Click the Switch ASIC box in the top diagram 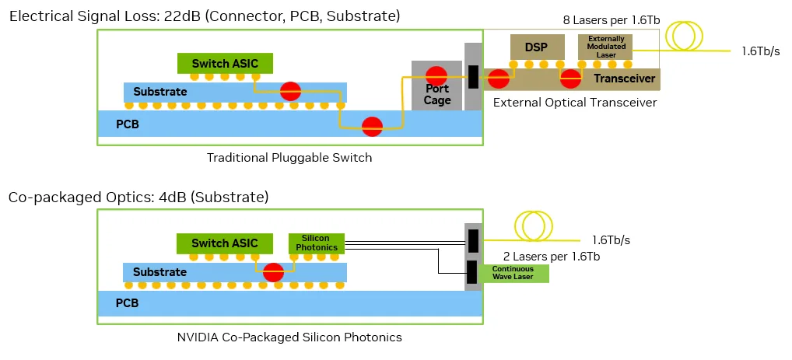[225, 63]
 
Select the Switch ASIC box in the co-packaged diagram [225, 243]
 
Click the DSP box [536, 47]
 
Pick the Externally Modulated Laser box [606, 47]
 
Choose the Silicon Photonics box [317, 243]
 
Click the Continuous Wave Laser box [512, 273]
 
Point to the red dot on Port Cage [436, 75]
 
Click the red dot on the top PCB [373, 126]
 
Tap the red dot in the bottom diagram [273, 273]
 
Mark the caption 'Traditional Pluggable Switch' [289, 158]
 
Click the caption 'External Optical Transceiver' [575, 103]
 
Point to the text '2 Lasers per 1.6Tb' [552, 256]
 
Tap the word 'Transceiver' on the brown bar [624, 79]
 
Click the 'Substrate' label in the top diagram [160, 92]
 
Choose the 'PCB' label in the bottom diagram [127, 303]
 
